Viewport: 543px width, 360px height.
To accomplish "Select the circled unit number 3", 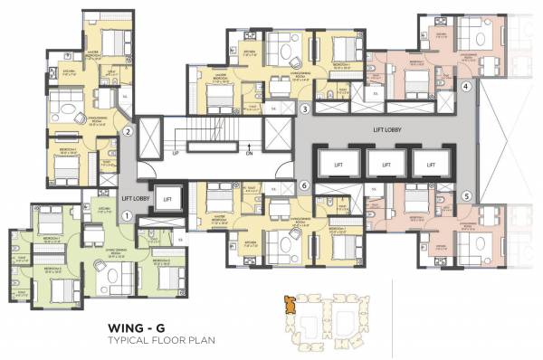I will click(306, 109).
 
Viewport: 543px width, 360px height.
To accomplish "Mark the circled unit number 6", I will click(306, 185).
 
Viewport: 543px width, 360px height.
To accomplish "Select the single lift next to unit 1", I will click(167, 197).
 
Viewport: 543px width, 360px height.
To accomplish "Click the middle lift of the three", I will click(386, 166).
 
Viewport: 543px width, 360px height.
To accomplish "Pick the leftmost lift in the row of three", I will click(338, 166).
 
